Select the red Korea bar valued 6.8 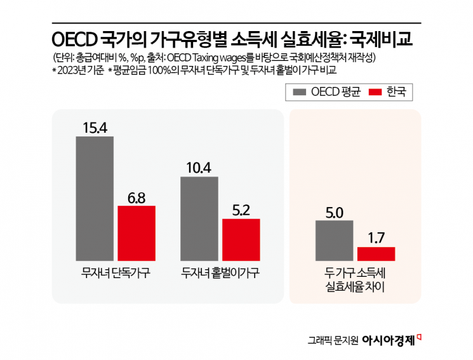[136, 232]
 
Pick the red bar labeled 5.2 [241, 239]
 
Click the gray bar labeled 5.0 [334, 241]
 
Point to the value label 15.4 [95, 128]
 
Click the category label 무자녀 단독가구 [115, 274]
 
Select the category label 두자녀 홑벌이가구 [220, 274]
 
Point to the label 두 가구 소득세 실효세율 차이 [355, 280]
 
